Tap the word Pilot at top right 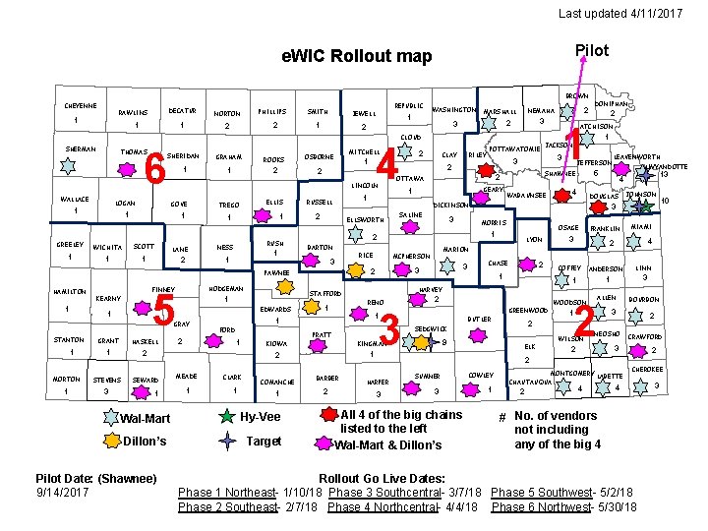tap(591, 50)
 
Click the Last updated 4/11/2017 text tap(619, 13)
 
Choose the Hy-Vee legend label tap(262, 417)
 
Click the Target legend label tap(265, 442)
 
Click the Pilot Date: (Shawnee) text tap(96, 478)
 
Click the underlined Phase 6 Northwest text tap(563, 506)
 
